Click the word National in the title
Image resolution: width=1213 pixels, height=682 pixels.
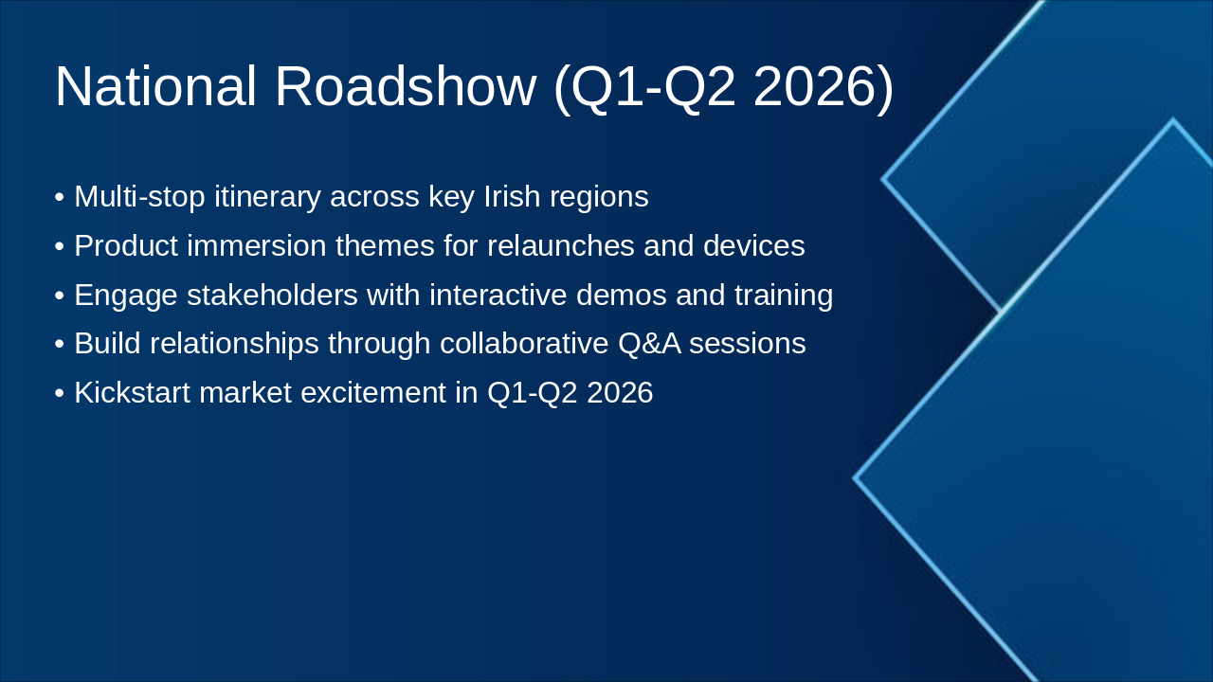(155, 86)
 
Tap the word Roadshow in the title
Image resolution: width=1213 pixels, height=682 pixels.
(406, 86)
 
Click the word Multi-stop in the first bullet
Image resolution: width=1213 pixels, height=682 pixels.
(139, 196)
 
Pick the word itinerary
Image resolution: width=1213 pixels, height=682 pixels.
(267, 197)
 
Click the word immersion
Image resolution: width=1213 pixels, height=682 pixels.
(256, 245)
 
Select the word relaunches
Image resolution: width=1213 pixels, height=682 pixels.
(560, 245)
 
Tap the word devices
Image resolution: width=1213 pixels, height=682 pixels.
(753, 245)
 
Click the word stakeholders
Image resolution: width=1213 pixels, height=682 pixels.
(272, 295)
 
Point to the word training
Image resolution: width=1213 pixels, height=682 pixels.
(784, 296)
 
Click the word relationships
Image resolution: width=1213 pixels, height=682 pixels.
(234, 344)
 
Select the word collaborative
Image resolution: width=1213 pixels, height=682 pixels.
(524, 344)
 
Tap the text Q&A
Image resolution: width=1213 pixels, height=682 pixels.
(649, 344)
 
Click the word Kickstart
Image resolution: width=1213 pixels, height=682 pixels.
(132, 392)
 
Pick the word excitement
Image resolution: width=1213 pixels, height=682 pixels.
(373, 392)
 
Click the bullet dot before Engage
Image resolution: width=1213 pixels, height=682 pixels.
(60, 296)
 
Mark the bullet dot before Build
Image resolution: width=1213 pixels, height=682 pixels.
(60, 345)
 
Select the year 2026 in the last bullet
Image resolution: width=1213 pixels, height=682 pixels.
(620, 392)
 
